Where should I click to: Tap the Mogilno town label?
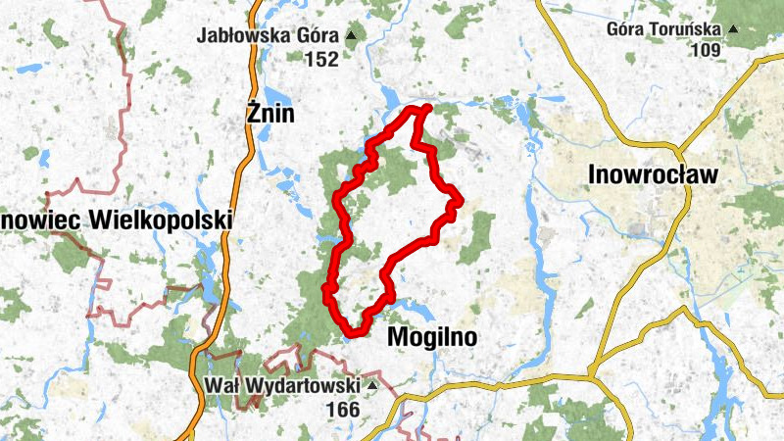pyautogui.click(x=432, y=338)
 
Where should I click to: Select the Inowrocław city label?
pyautogui.click(x=654, y=175)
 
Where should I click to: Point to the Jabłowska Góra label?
pyautogui.click(x=269, y=36)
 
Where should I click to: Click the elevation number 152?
pyautogui.click(x=320, y=60)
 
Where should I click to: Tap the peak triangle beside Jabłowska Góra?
pyautogui.click(x=351, y=36)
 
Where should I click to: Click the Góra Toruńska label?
pyautogui.click(x=663, y=27)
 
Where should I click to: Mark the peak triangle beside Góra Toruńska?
pyautogui.click(x=731, y=28)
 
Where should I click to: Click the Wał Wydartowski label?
pyautogui.click(x=284, y=385)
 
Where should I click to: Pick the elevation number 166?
pyautogui.click(x=343, y=409)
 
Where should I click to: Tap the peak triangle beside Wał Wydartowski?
pyautogui.click(x=371, y=386)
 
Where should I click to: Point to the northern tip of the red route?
pyautogui.click(x=426, y=108)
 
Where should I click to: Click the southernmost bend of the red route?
pyautogui.click(x=353, y=331)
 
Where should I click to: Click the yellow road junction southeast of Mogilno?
pyautogui.click(x=592, y=371)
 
